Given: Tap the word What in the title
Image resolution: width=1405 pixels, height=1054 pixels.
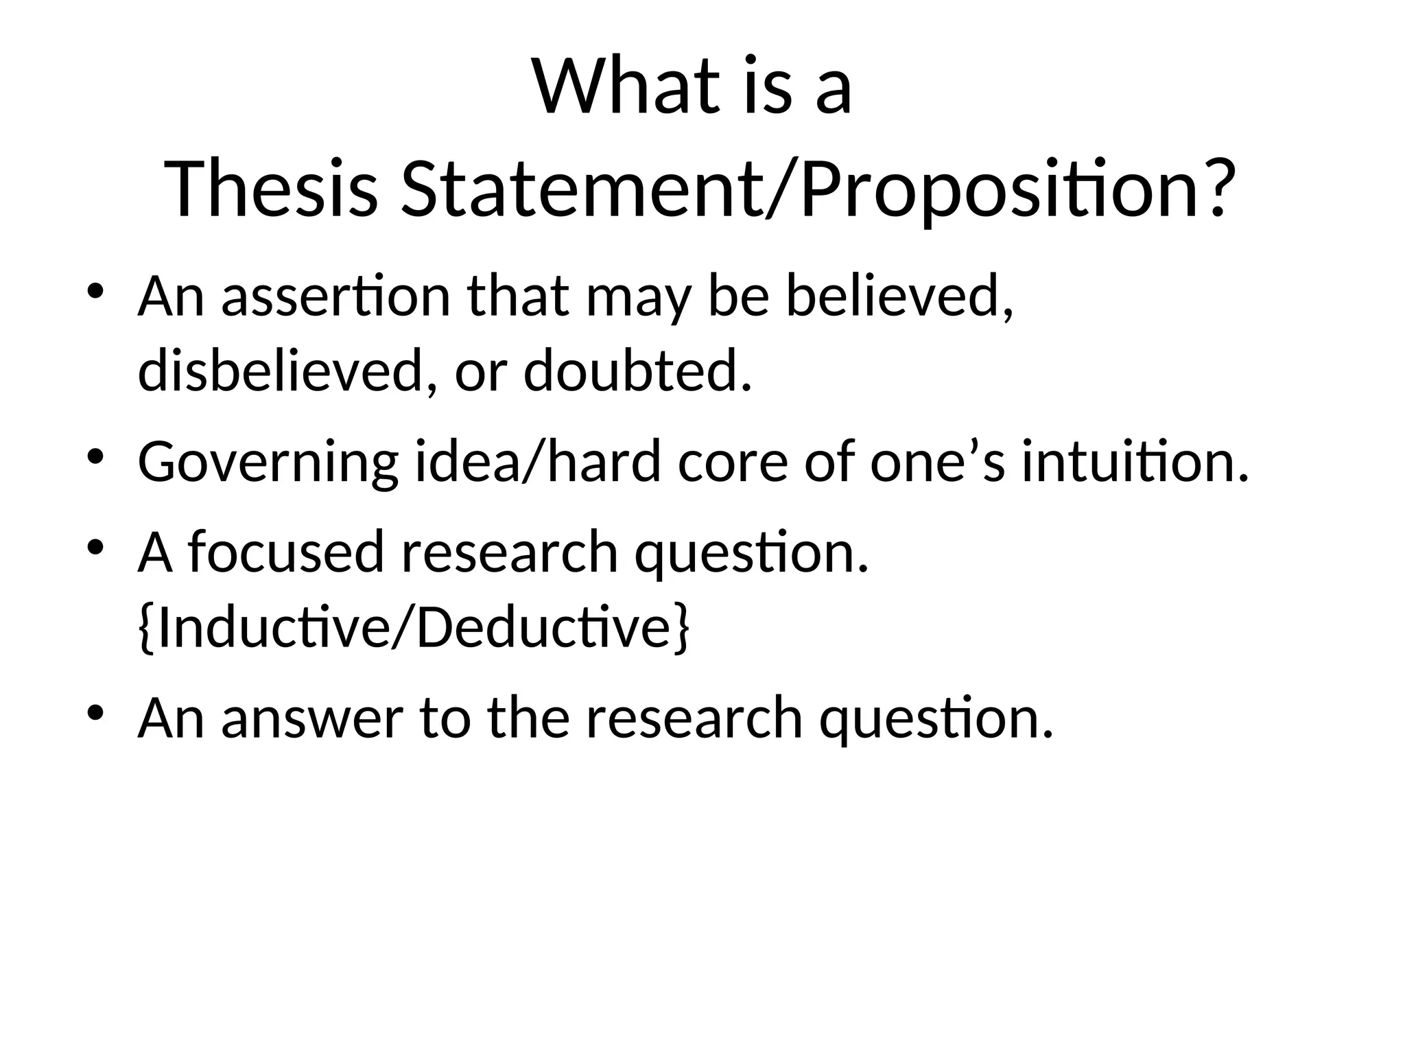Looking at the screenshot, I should pyautogui.click(x=624, y=87).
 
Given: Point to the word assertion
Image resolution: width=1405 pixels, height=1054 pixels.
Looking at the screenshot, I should pyautogui.click(x=336, y=296).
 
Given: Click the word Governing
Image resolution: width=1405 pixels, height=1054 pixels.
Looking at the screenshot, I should pyautogui.click(x=268, y=462).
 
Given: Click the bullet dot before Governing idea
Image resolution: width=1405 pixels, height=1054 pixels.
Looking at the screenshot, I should pyautogui.click(x=95, y=456).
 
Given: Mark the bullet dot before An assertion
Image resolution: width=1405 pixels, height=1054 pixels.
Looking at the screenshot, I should pyautogui.click(x=95, y=291).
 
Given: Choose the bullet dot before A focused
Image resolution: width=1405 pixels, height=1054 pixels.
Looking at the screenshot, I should pyautogui.click(x=95, y=547).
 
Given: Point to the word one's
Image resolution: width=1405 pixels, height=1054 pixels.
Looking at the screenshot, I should pyautogui.click(x=937, y=461).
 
